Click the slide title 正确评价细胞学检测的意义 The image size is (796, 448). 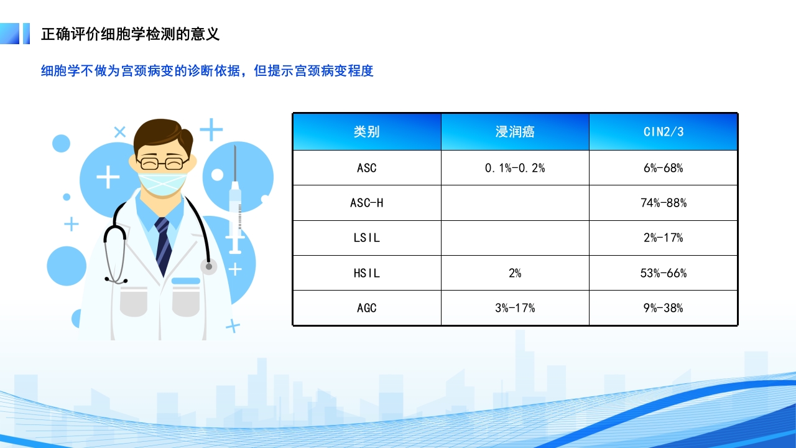pos(130,34)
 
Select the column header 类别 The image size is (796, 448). pos(367,132)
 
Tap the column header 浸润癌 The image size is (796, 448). pos(515,132)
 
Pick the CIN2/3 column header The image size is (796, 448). pos(663,132)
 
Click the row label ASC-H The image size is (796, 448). pos(367,203)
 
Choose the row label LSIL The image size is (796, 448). pos(367,238)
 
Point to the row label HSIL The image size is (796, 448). pos(367,273)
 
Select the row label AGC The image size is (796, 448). pos(367,308)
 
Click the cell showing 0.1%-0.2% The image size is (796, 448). pos(515,168)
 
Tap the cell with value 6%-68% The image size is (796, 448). pos(663,168)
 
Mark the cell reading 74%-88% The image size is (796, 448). pos(663,203)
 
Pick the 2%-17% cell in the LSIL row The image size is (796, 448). pos(663,238)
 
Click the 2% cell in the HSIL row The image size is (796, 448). pos(515,273)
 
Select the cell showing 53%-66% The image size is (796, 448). pos(663,273)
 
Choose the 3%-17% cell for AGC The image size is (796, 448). pos(515,308)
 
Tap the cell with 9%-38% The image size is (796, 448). pos(663,308)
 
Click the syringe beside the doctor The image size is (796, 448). pos(235,205)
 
